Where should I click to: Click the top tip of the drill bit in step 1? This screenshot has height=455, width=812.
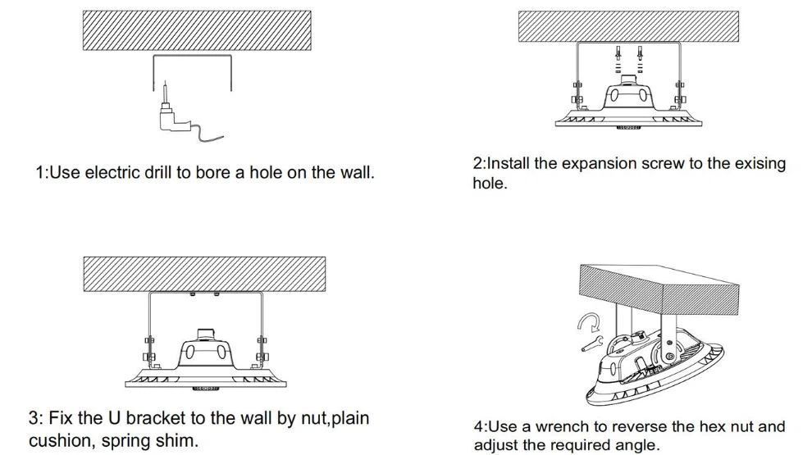pos(165,80)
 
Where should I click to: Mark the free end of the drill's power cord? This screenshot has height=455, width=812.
pos(223,137)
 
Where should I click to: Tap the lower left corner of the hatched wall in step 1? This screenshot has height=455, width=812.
pos(83,50)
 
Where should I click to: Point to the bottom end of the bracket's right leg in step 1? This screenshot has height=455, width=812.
pos(231,91)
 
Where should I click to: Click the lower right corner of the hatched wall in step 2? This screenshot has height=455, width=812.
pos(739,42)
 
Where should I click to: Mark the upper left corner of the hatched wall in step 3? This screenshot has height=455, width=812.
pos(84,257)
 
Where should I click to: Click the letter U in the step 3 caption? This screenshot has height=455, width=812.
pos(114,418)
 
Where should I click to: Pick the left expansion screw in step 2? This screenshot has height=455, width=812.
pos(618,59)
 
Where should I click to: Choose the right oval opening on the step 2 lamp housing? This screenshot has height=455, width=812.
pos(643,95)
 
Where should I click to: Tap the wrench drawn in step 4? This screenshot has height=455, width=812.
pos(592,344)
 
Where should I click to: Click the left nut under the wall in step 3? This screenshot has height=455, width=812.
pos(193,294)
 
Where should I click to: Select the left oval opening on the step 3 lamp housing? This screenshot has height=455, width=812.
pos(190,352)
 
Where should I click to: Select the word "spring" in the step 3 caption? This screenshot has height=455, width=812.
pos(128,441)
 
